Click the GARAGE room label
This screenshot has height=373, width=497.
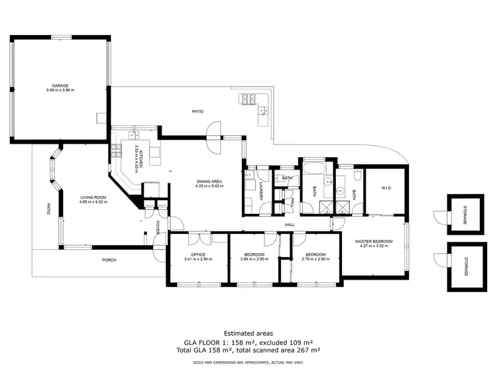coord(60,85)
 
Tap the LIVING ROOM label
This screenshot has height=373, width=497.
coord(93,197)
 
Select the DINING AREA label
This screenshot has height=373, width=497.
coord(209,182)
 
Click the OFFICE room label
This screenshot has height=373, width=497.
coord(198,254)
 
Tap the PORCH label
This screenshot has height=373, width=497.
coord(109,260)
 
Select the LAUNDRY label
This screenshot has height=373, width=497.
coord(262,193)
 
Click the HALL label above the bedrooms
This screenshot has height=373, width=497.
coord(290,225)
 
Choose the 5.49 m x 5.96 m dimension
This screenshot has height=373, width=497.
coord(60,90)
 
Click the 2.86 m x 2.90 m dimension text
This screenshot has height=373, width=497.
coord(254,259)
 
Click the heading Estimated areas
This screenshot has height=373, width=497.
coord(248,333)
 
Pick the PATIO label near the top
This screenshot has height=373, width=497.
coord(197,112)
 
